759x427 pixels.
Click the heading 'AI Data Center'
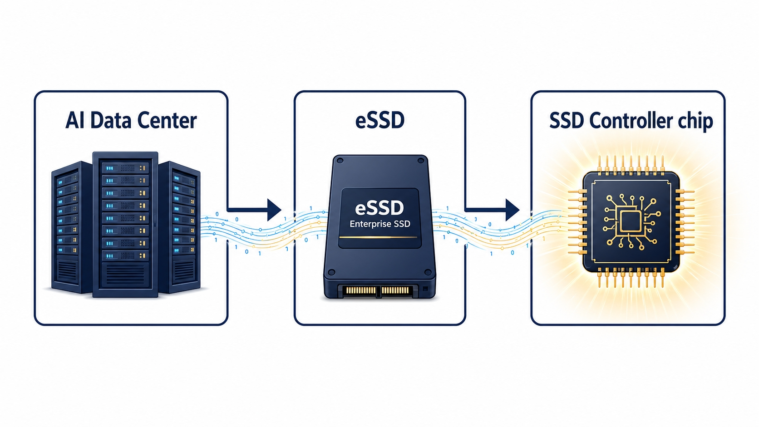pyautogui.click(x=131, y=121)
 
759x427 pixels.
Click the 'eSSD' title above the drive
pyautogui.click(x=380, y=120)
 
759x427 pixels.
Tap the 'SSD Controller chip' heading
pyautogui.click(x=631, y=121)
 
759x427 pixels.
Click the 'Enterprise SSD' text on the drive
pyautogui.click(x=380, y=224)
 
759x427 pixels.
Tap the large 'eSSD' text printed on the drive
pyautogui.click(x=379, y=208)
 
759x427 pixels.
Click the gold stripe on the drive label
pyautogui.click(x=378, y=237)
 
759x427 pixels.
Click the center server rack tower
pyautogui.click(x=125, y=225)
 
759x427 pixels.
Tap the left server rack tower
pyautogui.click(x=72, y=227)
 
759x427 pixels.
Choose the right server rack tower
pyautogui.click(x=180, y=227)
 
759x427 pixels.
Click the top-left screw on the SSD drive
pyautogui.click(x=340, y=161)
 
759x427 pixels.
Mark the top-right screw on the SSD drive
pyautogui.click(x=421, y=161)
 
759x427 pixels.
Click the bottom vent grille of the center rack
pyautogui.click(x=125, y=274)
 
